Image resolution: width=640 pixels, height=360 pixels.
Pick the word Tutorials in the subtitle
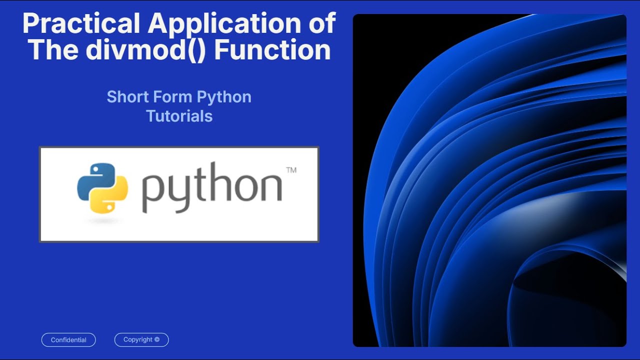coord(179,116)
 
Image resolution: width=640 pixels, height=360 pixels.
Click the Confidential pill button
coord(68,340)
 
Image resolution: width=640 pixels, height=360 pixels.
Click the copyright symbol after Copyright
coord(157,339)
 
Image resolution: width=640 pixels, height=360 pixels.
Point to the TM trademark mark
coord(291,170)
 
